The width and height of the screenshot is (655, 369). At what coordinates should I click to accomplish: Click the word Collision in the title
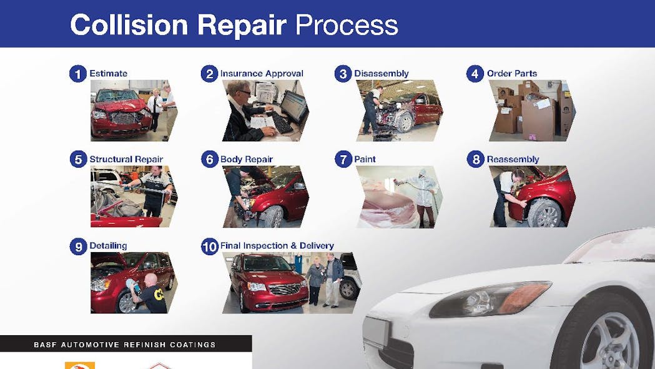pyautogui.click(x=129, y=24)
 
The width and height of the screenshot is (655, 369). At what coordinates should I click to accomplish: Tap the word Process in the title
pyautogui.click(x=346, y=25)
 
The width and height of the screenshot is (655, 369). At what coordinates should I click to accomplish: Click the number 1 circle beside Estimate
pyautogui.click(x=77, y=74)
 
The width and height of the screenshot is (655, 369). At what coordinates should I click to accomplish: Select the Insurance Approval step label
pyautogui.click(x=262, y=74)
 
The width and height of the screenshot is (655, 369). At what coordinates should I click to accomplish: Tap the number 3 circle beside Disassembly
pyautogui.click(x=343, y=74)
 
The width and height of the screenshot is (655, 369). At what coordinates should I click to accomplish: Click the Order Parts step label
pyautogui.click(x=513, y=74)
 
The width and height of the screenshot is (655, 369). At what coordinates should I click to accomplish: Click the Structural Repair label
pyautogui.click(x=126, y=159)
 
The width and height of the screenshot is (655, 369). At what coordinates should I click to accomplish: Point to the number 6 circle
pyautogui.click(x=210, y=159)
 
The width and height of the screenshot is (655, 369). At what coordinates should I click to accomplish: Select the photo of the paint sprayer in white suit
pyautogui.click(x=400, y=196)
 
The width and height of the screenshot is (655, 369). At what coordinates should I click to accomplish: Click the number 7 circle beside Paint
pyautogui.click(x=343, y=159)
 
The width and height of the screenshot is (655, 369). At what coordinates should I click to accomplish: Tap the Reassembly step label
pyautogui.click(x=513, y=159)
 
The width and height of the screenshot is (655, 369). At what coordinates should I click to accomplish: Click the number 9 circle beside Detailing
pyautogui.click(x=77, y=246)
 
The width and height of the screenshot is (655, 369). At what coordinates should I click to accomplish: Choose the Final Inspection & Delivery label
pyautogui.click(x=277, y=246)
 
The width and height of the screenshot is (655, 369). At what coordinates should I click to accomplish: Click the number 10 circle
pyautogui.click(x=210, y=246)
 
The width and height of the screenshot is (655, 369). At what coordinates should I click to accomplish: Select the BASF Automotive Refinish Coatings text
pyautogui.click(x=126, y=345)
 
